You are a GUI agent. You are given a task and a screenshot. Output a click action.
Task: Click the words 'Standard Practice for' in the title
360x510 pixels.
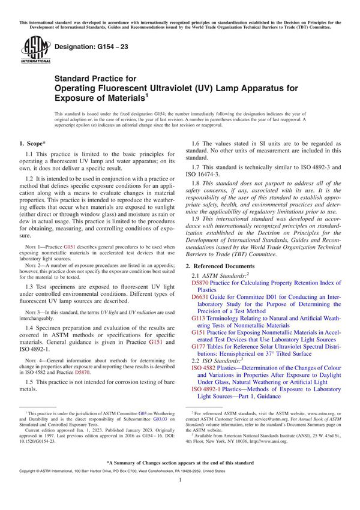95,78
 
